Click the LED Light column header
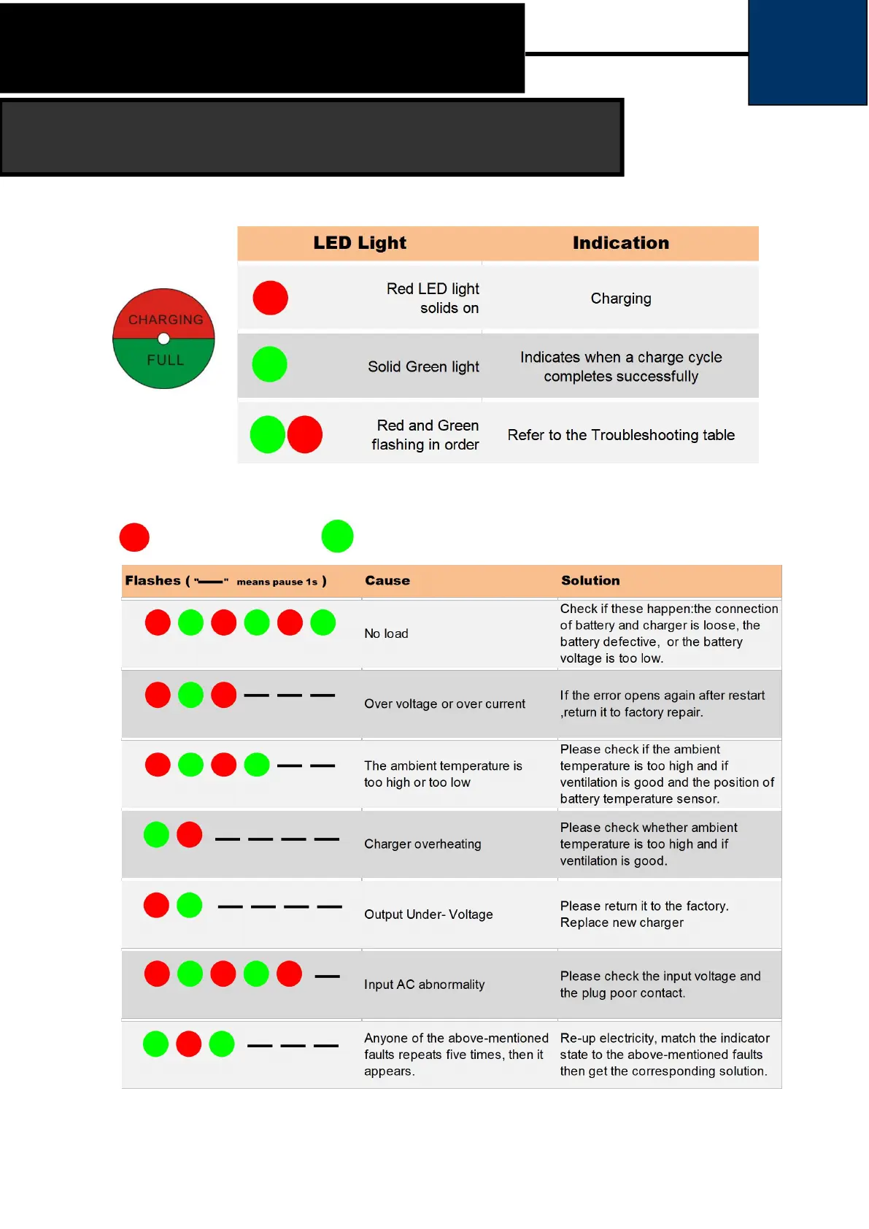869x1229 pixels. [x=360, y=243]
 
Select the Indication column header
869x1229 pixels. [x=620, y=243]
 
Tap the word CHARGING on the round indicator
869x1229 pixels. [x=166, y=320]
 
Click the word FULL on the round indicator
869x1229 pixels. [x=166, y=360]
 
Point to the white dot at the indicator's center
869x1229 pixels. [x=163, y=339]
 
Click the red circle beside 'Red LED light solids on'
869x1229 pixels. [x=270, y=298]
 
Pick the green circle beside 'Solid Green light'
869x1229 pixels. [x=269, y=364]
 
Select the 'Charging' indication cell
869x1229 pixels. [x=621, y=298]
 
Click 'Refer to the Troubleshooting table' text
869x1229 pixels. [x=621, y=435]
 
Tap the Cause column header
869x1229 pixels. [x=387, y=581]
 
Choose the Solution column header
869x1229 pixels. [x=590, y=581]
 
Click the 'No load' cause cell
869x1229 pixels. [x=386, y=633]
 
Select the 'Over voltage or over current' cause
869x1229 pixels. [x=444, y=704]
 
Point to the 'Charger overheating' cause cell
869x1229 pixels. [x=422, y=844]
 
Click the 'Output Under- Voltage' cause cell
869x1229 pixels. [x=428, y=914]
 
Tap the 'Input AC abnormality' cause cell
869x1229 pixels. [x=424, y=985]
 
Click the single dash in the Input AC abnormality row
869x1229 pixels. [x=327, y=976]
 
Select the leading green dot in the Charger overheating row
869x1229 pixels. [x=156, y=834]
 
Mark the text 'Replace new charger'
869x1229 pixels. [x=622, y=922]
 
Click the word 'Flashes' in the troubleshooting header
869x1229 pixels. [x=152, y=581]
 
